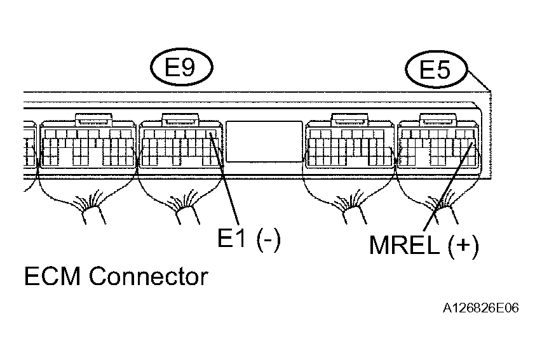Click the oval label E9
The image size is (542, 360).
(182, 67)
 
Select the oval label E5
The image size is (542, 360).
(436, 69)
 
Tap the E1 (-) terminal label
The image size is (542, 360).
(249, 238)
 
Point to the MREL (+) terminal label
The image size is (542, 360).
(424, 245)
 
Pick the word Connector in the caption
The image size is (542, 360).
(149, 276)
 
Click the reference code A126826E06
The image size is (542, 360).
(481, 308)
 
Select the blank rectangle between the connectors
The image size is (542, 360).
(264, 142)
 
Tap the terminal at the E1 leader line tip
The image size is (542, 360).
(210, 134)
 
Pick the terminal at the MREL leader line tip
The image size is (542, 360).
(472, 143)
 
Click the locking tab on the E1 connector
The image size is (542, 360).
(181, 119)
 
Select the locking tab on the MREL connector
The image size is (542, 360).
(438, 119)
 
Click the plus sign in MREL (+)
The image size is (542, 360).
(463, 244)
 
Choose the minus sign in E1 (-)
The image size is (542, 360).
(268, 241)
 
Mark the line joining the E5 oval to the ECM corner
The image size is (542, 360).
(478, 80)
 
